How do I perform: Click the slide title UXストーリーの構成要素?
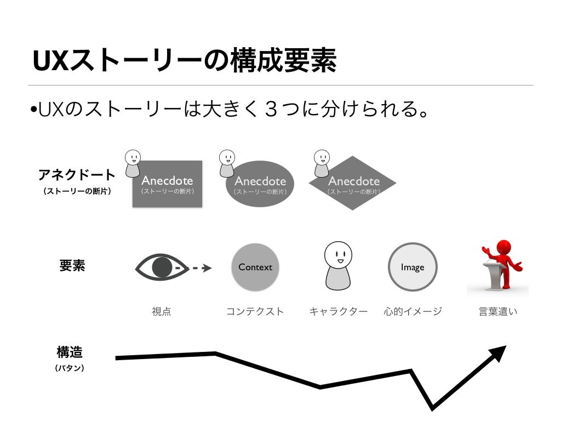pyautogui.click(x=184, y=62)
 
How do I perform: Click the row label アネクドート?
pyautogui.click(x=77, y=175)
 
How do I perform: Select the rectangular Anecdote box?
pyautogui.click(x=167, y=184)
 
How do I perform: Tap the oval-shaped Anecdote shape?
pyautogui.click(x=260, y=185)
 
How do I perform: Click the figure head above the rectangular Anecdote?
pyautogui.click(x=133, y=158)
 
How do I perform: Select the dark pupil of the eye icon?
pyautogui.click(x=162, y=268)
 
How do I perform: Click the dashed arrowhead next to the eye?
pyautogui.click(x=207, y=268)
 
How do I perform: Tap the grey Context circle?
pyautogui.click(x=255, y=267)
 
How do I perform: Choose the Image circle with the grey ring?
pyautogui.click(x=413, y=267)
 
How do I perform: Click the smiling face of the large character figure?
pyautogui.click(x=336, y=254)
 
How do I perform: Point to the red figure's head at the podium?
pyautogui.click(x=499, y=247)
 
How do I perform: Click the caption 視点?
pyautogui.click(x=162, y=312)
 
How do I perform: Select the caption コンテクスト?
pyautogui.click(x=255, y=312)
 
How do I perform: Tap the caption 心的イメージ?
pyautogui.click(x=413, y=312)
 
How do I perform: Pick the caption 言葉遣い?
pyautogui.click(x=498, y=312)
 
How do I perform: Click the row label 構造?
pyautogui.click(x=70, y=351)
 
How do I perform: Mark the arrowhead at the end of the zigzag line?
pyautogui.click(x=499, y=352)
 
